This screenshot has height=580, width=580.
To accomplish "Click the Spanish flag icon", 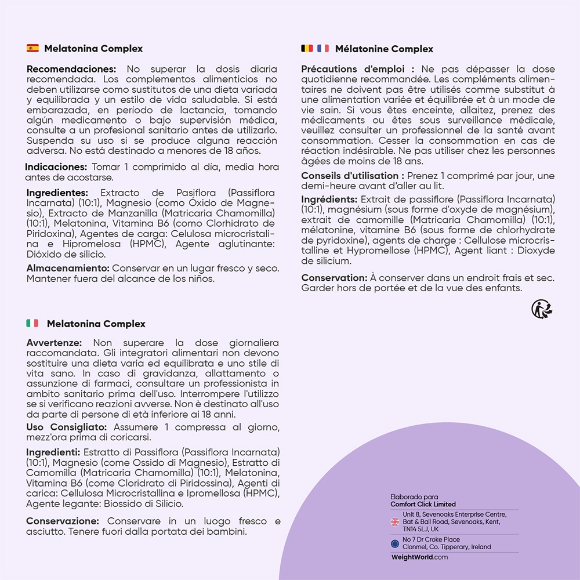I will click(x=32, y=48).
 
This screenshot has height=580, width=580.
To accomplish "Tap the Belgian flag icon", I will click(x=307, y=48).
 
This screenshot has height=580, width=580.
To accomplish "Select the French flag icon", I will click(x=323, y=48).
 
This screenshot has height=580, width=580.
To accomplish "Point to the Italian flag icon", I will click(x=32, y=324).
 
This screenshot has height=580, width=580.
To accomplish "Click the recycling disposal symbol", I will click(x=542, y=309).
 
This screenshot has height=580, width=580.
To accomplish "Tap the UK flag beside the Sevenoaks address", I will click(x=395, y=522).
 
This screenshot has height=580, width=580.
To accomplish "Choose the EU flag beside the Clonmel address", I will click(x=395, y=543).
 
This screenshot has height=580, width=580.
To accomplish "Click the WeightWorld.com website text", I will click(x=419, y=557).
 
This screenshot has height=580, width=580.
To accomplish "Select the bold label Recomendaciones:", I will click(x=71, y=69).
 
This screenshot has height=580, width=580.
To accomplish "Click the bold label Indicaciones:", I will click(x=56, y=167).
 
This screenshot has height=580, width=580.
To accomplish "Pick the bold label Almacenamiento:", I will click(x=68, y=269).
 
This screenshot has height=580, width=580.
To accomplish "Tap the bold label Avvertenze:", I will click(x=54, y=343).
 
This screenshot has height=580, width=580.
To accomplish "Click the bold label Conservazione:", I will click(x=63, y=521).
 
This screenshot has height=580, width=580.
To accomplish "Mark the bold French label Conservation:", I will click(x=332, y=278).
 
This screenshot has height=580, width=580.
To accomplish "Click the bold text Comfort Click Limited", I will click(x=423, y=504).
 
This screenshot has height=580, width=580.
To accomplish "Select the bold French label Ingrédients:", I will click(x=329, y=200).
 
